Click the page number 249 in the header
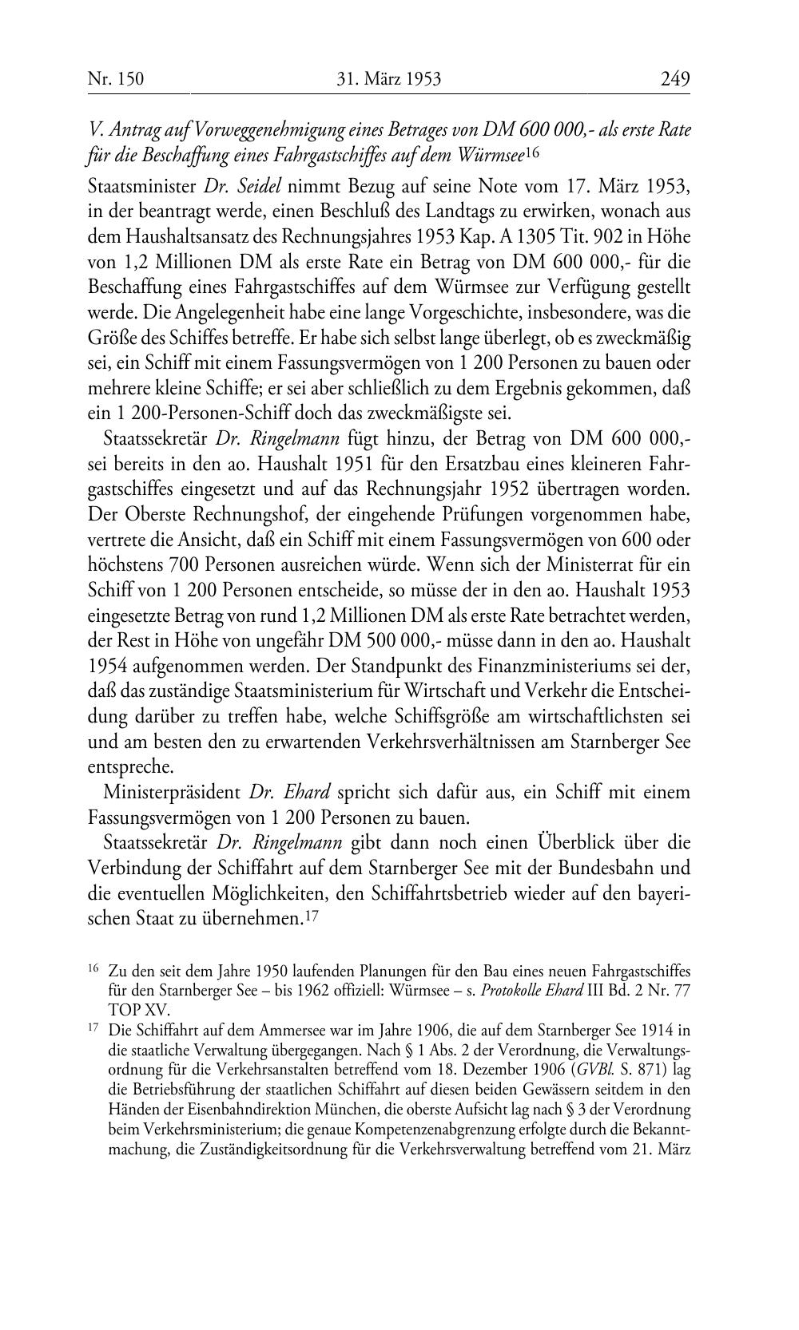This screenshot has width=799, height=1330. pos(674,78)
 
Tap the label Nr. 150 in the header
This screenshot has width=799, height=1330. pos(116,78)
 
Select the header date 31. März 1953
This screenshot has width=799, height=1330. pos(391,78)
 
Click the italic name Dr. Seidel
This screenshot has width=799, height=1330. pos(232,187)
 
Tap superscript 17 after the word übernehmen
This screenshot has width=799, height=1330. pos(312,917)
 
